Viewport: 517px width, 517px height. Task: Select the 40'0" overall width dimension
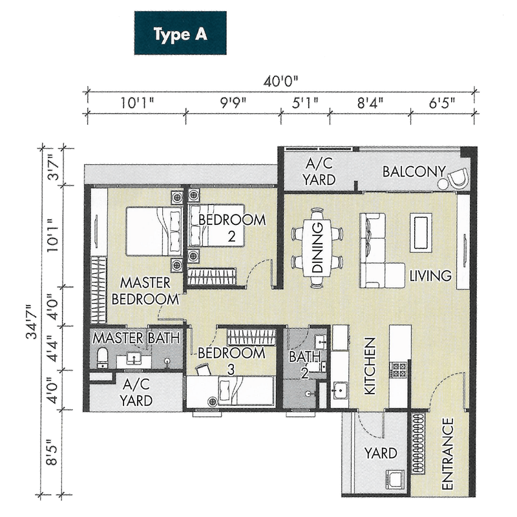click(282, 82)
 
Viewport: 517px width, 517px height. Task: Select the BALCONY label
click(414, 172)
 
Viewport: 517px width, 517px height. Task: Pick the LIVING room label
click(430, 276)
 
